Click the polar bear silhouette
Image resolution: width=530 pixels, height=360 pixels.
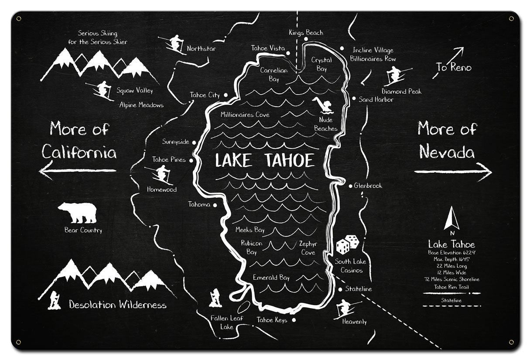tap(77, 213)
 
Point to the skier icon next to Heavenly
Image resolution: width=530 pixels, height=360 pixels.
tap(346, 309)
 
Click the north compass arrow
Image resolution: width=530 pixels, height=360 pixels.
tap(451, 219)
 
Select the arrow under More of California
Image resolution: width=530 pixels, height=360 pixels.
tap(79, 171)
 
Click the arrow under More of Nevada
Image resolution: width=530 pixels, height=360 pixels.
tap(452, 171)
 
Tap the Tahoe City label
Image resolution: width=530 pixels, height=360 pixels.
tap(205, 95)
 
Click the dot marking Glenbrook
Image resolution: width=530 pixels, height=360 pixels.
tap(350, 186)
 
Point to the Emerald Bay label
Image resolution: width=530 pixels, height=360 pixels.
tap(271, 278)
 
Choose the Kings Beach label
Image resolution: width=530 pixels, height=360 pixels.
tap(306, 33)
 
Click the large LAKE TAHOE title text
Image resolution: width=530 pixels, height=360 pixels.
tap(265, 161)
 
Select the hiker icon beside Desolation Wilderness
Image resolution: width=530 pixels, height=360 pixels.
tap(55, 300)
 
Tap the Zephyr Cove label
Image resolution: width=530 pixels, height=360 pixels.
tap(308, 248)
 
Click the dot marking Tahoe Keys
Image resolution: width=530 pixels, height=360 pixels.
tap(294, 320)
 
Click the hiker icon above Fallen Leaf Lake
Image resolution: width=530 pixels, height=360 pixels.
tap(215, 298)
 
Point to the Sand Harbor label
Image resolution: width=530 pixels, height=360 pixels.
tap(376, 100)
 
